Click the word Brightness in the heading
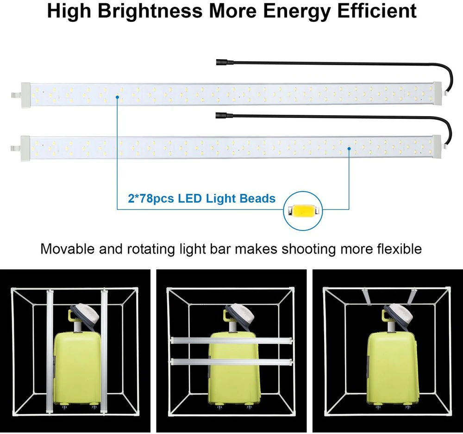[150, 11]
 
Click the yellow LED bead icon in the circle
[303, 211]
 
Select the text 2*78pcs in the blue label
[151, 198]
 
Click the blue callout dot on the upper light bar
[117, 97]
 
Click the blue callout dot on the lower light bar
[349, 149]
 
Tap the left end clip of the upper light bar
[15, 95]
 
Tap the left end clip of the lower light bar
[15, 148]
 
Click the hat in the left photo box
[86, 315]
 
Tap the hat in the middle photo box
[241, 315]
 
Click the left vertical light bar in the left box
[50, 351]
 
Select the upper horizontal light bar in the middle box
[231, 341]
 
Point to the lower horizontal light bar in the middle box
[231, 361]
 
